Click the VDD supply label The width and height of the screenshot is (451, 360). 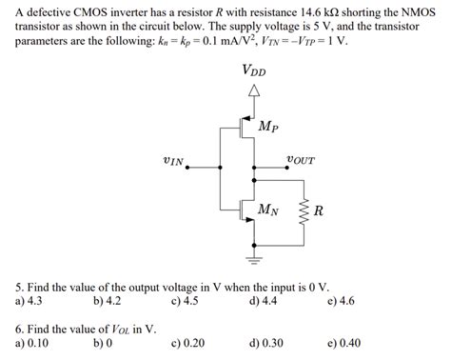(253, 70)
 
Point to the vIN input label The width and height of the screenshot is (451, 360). (175, 161)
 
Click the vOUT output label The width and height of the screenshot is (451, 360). (301, 161)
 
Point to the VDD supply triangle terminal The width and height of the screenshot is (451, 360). (254, 91)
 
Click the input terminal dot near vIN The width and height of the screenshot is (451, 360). (187, 167)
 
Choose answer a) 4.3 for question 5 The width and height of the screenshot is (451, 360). (29, 301)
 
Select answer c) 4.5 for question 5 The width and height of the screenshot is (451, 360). (185, 301)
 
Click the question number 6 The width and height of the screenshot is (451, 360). (19, 329)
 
